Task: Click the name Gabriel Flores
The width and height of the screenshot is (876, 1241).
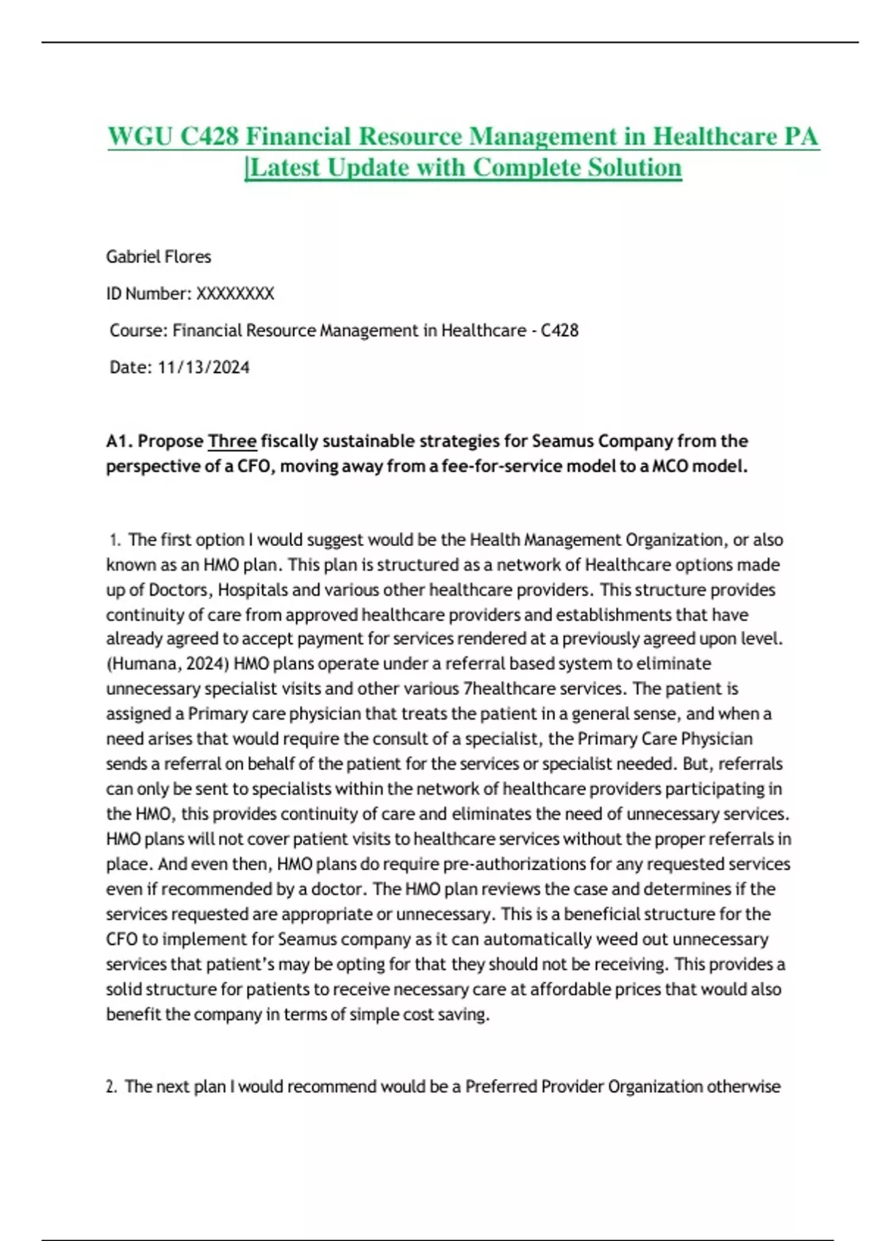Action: point(158,257)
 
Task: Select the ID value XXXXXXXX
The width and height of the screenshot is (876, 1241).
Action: point(235,293)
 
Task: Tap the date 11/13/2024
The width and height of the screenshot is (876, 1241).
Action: point(204,367)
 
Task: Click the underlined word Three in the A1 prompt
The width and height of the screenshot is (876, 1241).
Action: point(232,441)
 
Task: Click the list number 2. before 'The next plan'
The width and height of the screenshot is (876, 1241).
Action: point(111,1086)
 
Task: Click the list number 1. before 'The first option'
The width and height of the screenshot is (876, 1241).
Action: point(115,540)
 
